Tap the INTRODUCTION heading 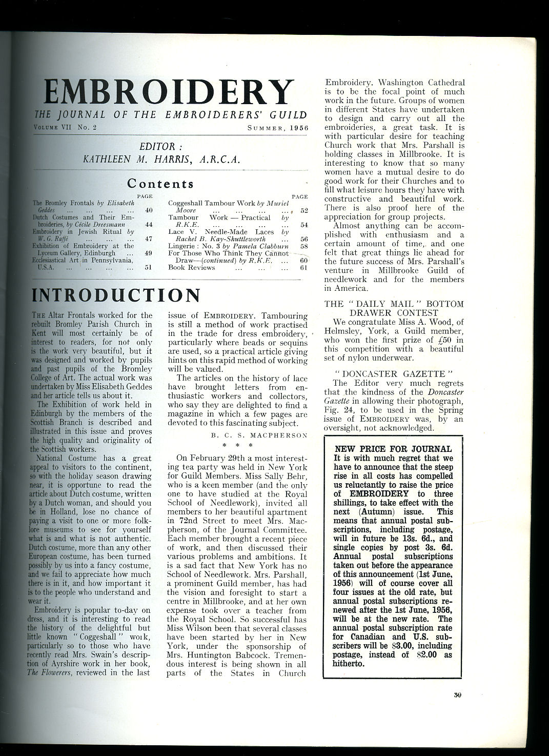coord(116,295)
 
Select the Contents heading coord(160,183)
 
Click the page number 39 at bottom coord(457,695)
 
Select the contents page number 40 coord(149,210)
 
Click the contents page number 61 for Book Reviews coord(303,267)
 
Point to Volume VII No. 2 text coord(66,127)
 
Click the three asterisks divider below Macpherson coord(237,445)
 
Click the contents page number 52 coord(304,210)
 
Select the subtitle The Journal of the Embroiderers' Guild coord(170,115)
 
